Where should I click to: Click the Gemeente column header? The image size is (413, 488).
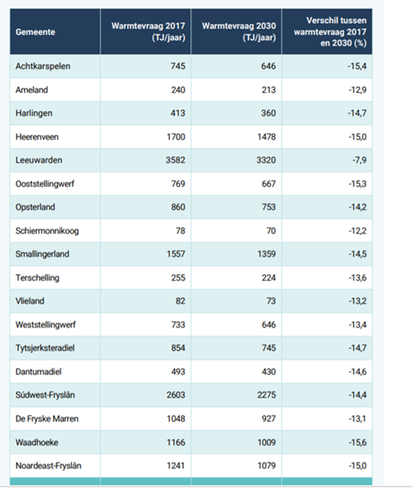click(35, 32)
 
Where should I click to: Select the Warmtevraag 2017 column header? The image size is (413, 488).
click(149, 32)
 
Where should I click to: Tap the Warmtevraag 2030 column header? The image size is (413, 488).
click(239, 32)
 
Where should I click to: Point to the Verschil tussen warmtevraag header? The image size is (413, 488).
click(330, 32)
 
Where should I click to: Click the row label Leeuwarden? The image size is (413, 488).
click(39, 160)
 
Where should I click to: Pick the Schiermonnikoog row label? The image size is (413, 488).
click(47, 231)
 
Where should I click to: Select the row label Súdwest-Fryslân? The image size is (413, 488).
click(45, 395)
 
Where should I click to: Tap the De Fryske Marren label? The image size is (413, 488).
click(47, 419)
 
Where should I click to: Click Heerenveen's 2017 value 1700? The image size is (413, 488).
click(176, 137)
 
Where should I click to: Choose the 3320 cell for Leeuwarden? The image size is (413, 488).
click(267, 160)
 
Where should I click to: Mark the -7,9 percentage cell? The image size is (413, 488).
click(359, 160)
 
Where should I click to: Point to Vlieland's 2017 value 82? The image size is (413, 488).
click(180, 301)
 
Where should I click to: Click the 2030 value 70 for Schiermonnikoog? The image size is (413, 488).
click(271, 231)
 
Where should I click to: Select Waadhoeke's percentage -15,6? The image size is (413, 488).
click(357, 442)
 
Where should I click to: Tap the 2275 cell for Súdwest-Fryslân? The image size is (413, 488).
click(267, 395)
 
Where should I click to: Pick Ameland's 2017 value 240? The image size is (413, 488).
click(178, 90)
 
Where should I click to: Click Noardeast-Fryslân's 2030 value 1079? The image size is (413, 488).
click(267, 466)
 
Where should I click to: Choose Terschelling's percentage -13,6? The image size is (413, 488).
click(357, 278)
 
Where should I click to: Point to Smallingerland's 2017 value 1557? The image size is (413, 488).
click(176, 254)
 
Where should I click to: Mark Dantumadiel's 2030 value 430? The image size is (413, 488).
click(268, 372)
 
